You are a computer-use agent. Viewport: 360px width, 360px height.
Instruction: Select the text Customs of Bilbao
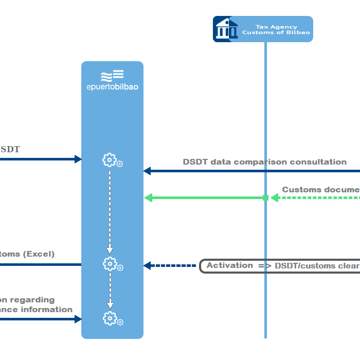pyautogui.click(x=276, y=32)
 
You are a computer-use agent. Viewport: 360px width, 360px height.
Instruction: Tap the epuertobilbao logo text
pyautogui.click(x=112, y=87)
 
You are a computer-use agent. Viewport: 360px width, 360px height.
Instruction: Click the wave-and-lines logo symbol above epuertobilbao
pyautogui.click(x=112, y=76)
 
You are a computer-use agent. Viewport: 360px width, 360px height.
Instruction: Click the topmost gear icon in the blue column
pyautogui.click(x=110, y=160)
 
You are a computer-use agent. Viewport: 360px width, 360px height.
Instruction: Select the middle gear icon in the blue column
pyautogui.click(x=110, y=264)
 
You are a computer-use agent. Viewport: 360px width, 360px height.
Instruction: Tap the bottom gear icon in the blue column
pyautogui.click(x=110, y=318)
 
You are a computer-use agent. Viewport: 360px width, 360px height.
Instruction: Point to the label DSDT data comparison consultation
pyautogui.click(x=264, y=162)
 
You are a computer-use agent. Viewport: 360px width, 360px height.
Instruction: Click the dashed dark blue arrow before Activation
pyautogui.click(x=170, y=266)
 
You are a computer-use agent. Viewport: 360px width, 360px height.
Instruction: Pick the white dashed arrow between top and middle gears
pyautogui.click(x=110, y=211)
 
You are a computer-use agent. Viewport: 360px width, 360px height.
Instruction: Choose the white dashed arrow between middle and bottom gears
pyautogui.click(x=110, y=291)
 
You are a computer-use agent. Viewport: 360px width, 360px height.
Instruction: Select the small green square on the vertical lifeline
pyautogui.click(x=266, y=197)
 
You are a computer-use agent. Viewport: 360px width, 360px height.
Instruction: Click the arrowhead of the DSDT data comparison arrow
pyautogui.click(x=147, y=171)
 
